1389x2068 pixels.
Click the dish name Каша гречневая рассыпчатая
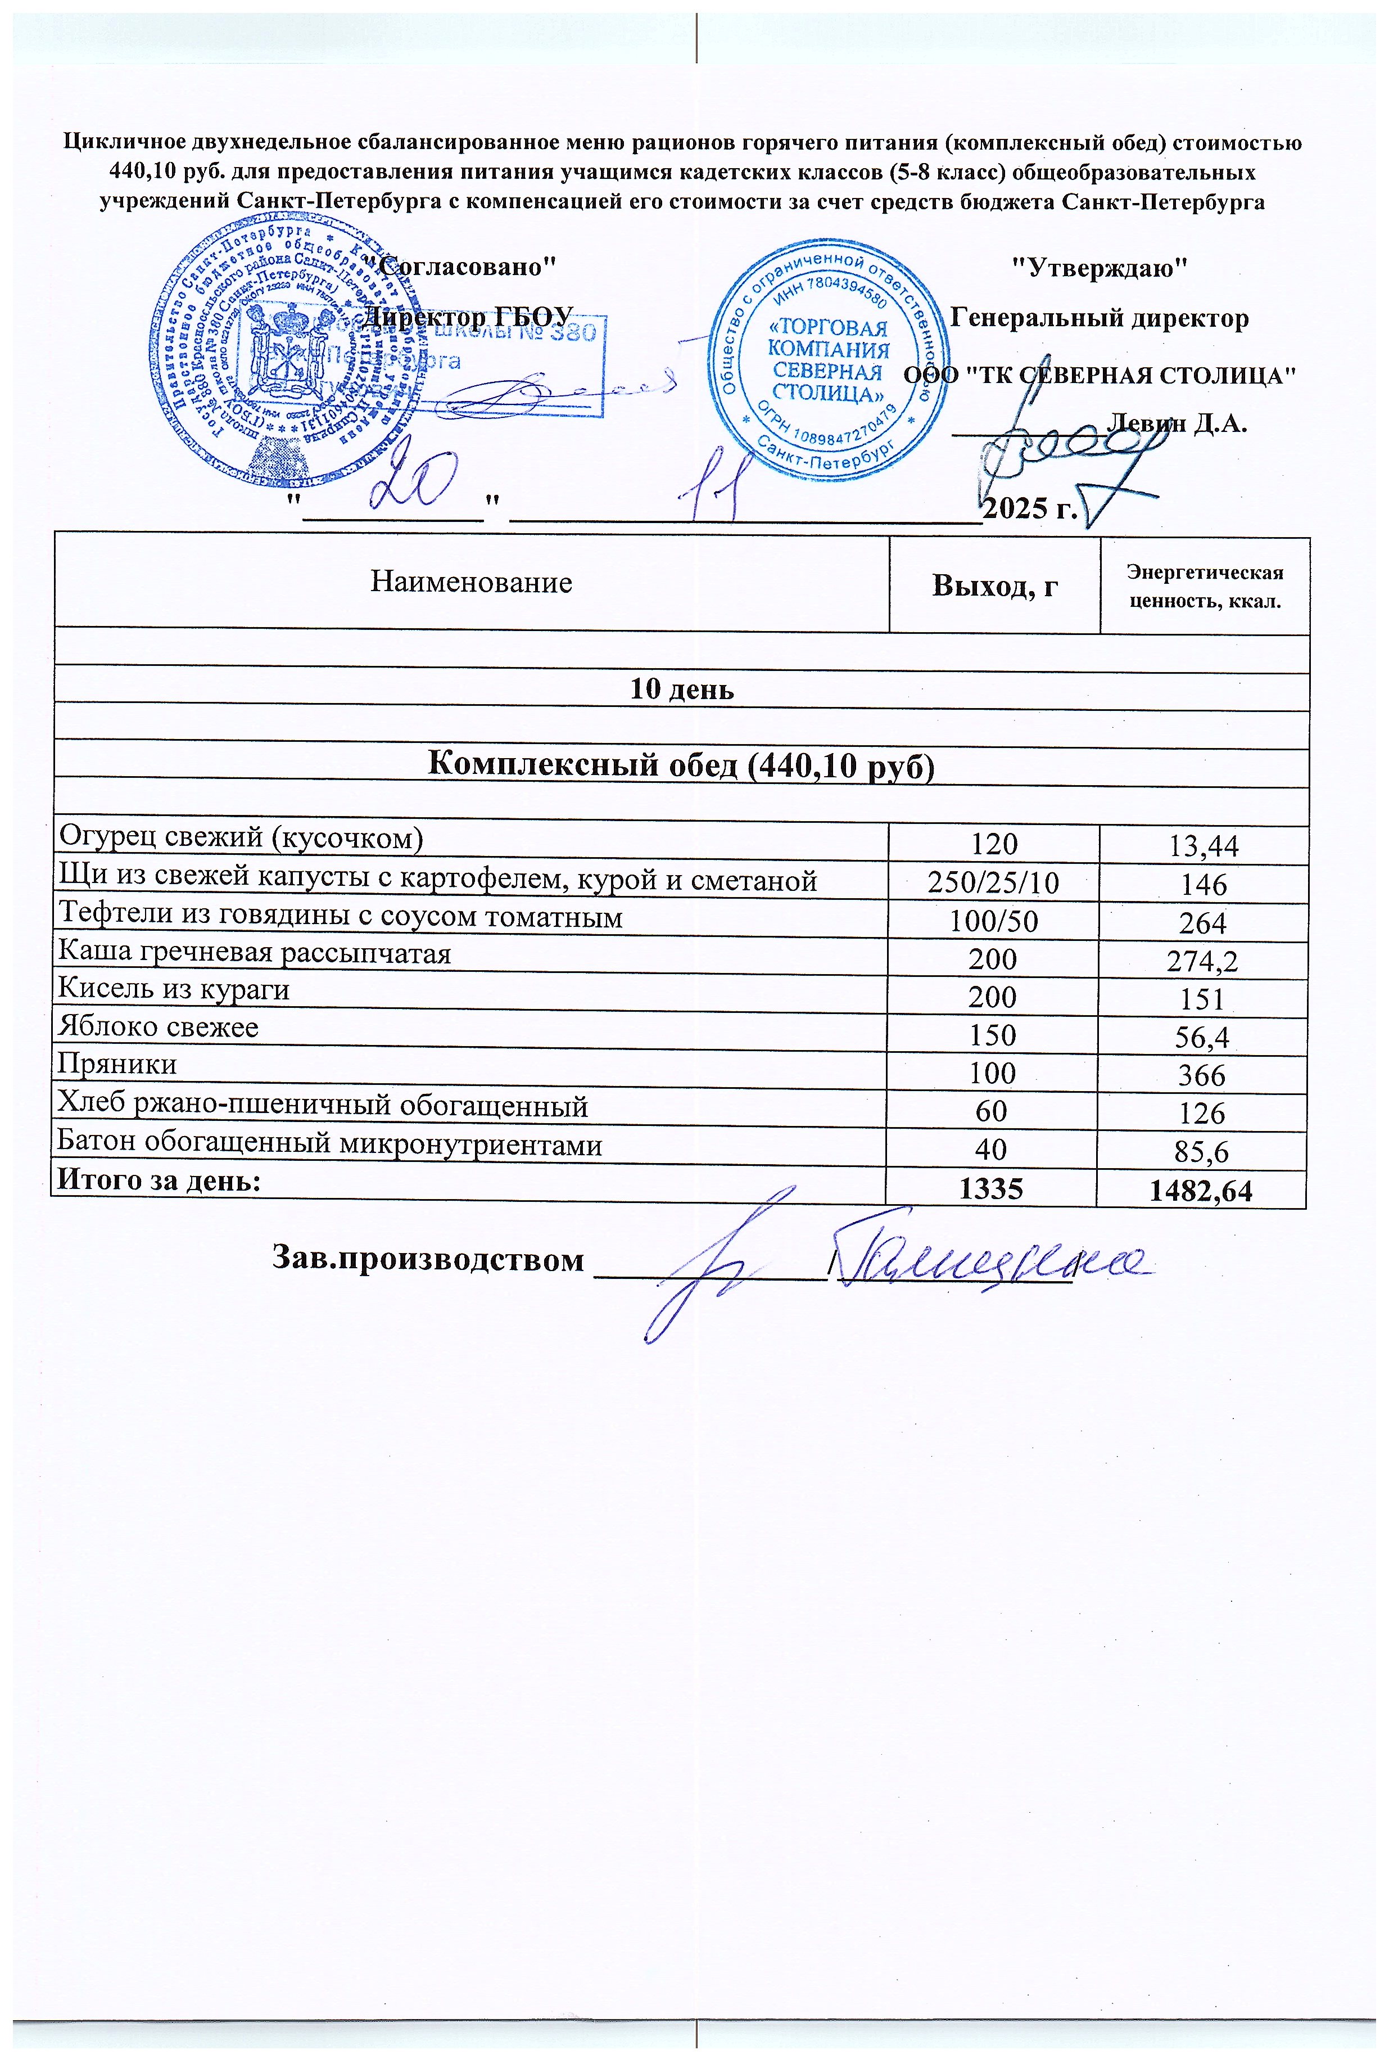point(254,953)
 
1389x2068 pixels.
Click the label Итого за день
point(160,1180)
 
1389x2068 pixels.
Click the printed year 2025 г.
point(1030,508)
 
